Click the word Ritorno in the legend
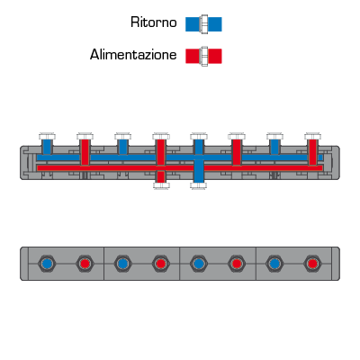154,22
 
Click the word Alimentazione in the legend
133,55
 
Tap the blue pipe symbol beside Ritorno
203,24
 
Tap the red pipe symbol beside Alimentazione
203,56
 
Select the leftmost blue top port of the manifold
47,147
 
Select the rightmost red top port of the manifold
312,152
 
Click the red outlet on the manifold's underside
161,176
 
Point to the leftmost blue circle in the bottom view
47,264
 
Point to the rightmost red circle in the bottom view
312,264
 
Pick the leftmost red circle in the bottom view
85,264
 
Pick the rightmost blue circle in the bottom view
274,264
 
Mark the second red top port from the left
161,152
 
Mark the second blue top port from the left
122,147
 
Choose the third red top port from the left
237,152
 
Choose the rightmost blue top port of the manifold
274,147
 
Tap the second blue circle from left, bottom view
122,264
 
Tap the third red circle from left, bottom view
237,264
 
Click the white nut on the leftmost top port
47,136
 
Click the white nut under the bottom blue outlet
199,185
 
